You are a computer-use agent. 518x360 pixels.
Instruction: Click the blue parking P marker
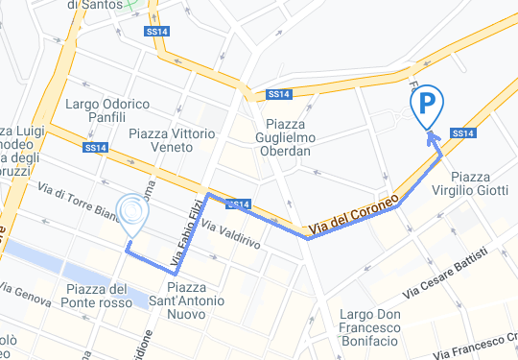click(427, 103)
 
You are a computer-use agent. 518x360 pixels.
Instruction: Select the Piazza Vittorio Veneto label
click(173, 141)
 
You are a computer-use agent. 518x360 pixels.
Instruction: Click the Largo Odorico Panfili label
click(107, 110)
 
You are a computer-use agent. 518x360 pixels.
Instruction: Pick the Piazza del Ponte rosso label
click(99, 297)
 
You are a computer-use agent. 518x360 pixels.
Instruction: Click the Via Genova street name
click(25, 294)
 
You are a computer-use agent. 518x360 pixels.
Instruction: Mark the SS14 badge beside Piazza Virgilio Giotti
click(461, 132)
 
